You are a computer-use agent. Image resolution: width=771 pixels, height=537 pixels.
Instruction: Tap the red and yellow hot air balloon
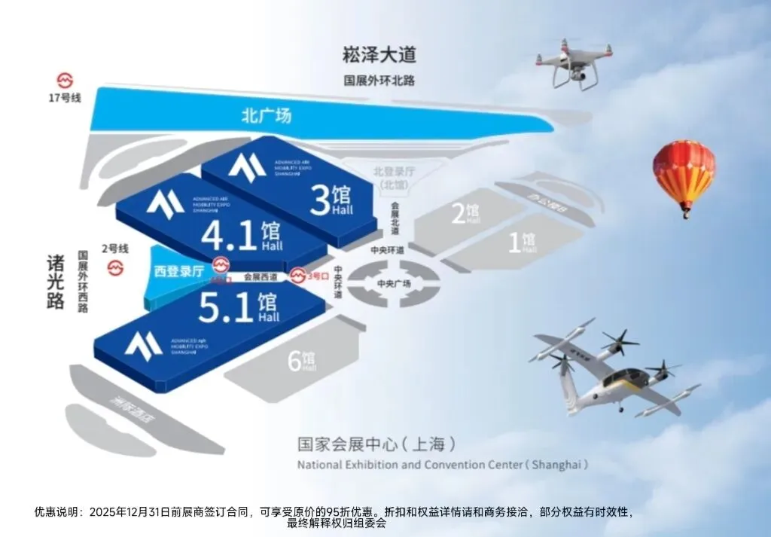[684, 175]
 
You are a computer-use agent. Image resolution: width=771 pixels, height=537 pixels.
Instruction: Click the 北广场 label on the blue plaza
[266, 116]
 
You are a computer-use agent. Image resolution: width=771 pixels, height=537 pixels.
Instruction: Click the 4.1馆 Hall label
[241, 236]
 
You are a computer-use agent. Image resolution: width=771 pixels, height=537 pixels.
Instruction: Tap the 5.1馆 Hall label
[238, 308]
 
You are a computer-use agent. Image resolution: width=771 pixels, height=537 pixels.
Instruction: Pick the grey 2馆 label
[465, 214]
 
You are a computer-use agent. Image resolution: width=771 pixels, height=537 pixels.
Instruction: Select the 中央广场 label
[394, 283]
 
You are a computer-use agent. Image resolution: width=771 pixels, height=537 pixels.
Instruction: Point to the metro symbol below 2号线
[115, 268]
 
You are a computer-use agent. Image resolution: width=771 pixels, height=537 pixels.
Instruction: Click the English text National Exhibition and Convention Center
[443, 465]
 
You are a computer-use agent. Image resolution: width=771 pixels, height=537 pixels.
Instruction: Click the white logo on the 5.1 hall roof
[144, 344]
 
